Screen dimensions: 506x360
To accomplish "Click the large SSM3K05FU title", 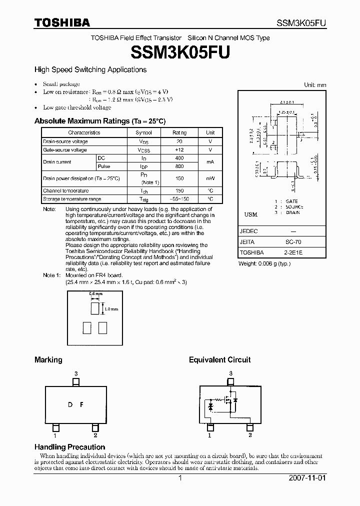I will click(180, 52).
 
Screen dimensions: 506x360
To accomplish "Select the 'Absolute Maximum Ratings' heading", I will click(99, 121).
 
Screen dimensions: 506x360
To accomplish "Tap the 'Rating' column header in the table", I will click(179, 132).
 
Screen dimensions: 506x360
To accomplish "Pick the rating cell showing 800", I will click(179, 166).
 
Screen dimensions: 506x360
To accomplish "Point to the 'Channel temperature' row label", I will click(65, 190).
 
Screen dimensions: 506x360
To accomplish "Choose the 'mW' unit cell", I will click(210, 178).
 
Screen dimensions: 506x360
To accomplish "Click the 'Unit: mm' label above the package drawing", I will click(315, 85).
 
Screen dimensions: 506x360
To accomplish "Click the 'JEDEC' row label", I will click(248, 231).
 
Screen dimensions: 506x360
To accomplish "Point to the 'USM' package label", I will click(250, 214).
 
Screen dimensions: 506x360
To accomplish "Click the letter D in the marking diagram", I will click(70, 404).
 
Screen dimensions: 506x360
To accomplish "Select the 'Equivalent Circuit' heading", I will click(219, 359).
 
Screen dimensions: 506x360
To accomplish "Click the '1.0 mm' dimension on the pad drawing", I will click(111, 309).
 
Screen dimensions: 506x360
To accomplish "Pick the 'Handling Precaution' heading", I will click(69, 447).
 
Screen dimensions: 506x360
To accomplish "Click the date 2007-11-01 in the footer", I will click(307, 477).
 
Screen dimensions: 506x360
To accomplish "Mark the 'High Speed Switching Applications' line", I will click(90, 70).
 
